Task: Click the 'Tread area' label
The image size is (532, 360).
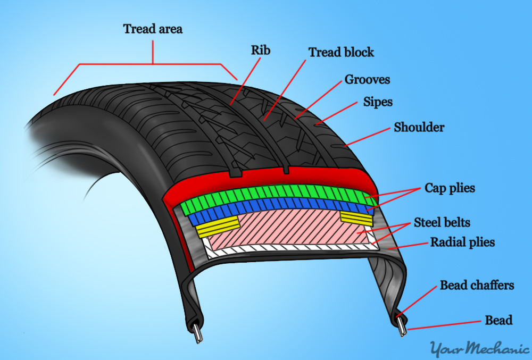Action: (153, 29)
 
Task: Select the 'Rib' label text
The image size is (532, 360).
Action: (261, 50)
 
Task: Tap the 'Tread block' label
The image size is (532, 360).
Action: (341, 52)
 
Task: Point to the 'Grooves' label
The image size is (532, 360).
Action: (367, 80)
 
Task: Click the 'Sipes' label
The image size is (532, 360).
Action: (378, 101)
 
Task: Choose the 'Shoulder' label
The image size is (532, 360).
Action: (419, 128)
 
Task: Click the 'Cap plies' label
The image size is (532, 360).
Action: (450, 188)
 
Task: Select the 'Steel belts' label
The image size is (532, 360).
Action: (442, 222)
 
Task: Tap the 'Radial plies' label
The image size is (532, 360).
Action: (462, 242)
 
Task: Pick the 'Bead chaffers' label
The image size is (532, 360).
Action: (477, 286)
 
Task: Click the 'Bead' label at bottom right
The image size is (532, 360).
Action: (498, 320)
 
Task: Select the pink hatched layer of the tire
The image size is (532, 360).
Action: (287, 229)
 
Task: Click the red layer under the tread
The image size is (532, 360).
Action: (266, 178)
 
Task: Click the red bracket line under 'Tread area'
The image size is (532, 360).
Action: (153, 64)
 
